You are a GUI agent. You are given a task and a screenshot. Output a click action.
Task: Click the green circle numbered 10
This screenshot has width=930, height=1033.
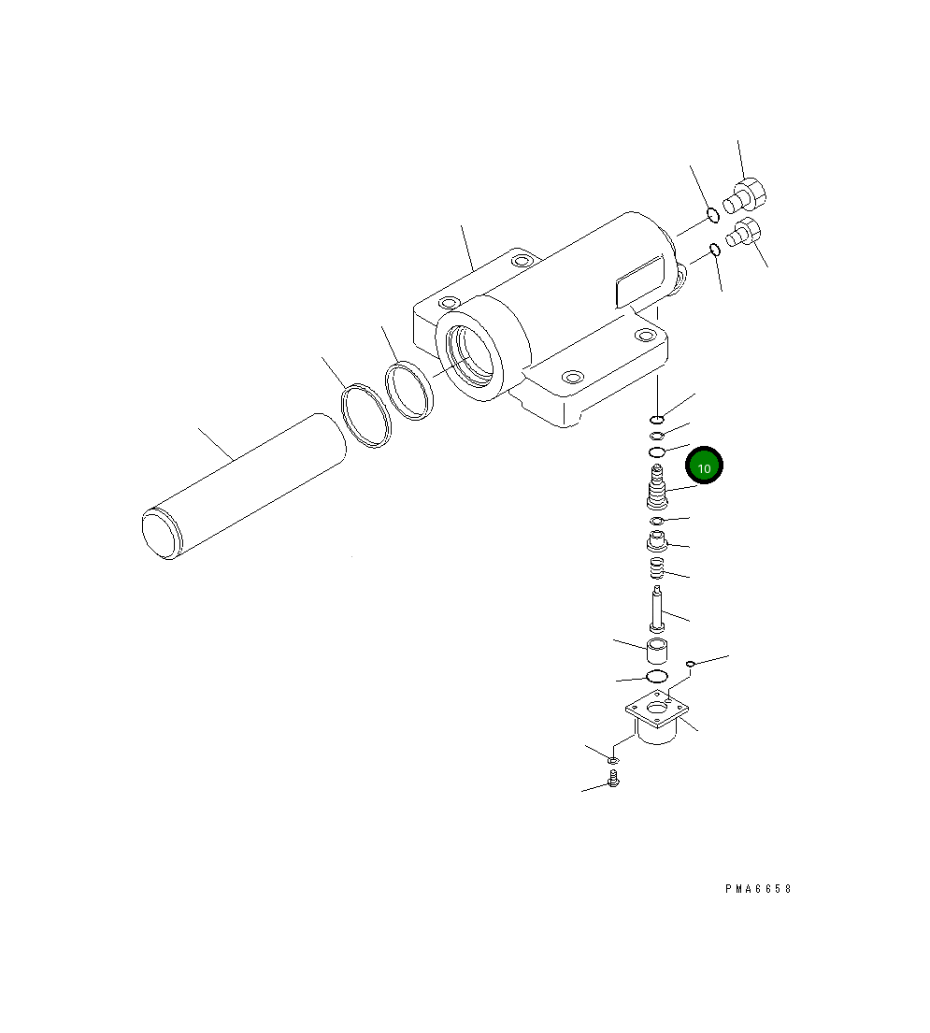coord(705,466)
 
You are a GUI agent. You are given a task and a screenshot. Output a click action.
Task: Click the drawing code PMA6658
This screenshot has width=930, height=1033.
coord(758,889)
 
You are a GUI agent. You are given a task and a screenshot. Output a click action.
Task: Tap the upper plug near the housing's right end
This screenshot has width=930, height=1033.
coord(749,195)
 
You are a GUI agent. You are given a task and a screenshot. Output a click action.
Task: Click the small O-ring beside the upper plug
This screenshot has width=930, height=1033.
coord(712,215)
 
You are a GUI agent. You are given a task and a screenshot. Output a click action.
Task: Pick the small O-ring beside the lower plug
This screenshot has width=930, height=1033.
coord(715,249)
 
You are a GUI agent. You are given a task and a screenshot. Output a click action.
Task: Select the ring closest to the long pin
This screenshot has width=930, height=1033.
coord(365,416)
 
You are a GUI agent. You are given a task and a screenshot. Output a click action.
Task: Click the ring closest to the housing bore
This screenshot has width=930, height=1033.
coord(409,391)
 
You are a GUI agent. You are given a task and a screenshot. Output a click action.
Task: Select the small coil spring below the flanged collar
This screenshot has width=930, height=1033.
coord(656,567)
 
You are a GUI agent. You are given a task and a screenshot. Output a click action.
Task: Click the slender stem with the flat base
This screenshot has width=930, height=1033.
coord(657,610)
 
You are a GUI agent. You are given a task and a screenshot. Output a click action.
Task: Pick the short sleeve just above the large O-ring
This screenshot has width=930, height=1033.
coord(656,649)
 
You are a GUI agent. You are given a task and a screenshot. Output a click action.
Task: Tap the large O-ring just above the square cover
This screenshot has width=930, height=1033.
coord(656,676)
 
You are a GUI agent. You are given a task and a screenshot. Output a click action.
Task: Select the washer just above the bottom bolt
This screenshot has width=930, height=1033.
coord(613,762)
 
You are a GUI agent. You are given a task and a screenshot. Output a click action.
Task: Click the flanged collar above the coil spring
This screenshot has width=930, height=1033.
coord(657,540)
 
